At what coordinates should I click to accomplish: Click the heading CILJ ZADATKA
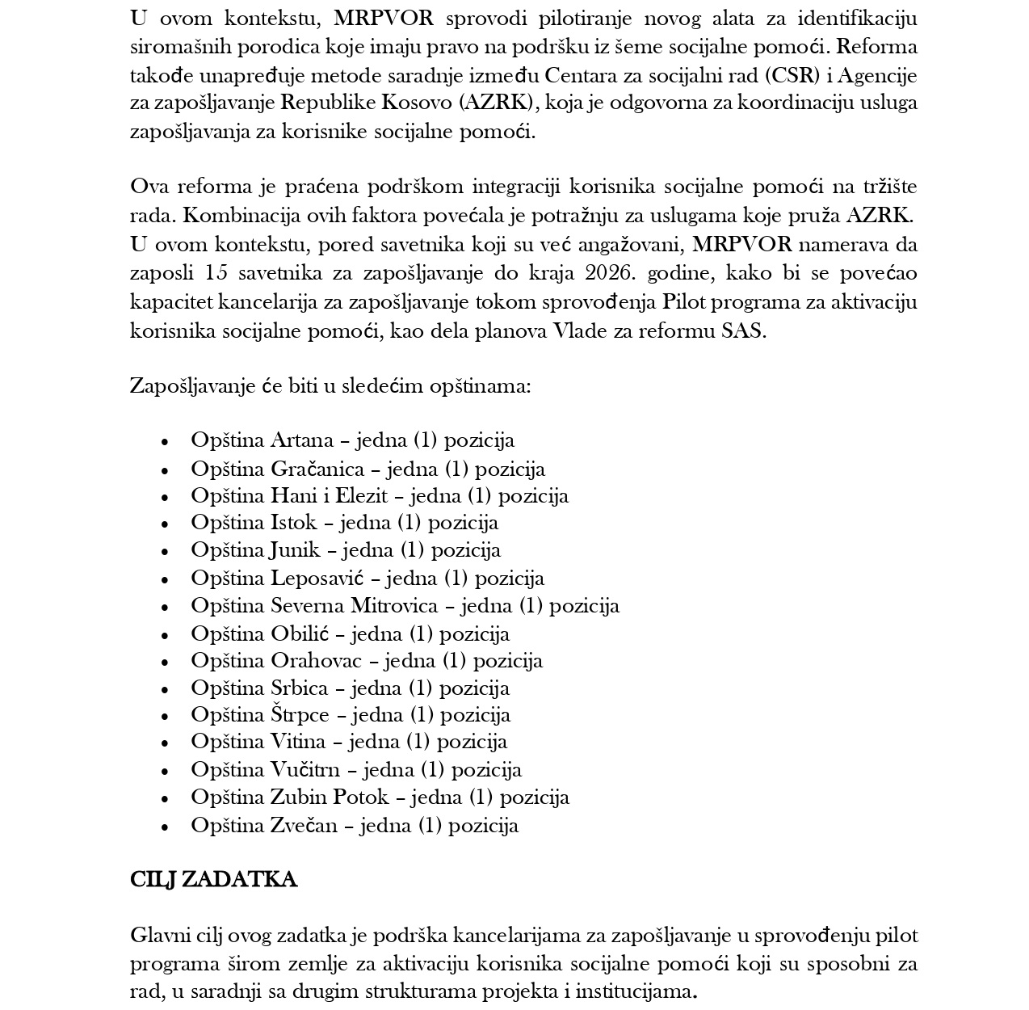click(x=213, y=879)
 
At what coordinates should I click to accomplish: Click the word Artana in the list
click(x=302, y=440)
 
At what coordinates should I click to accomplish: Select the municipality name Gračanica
click(x=317, y=469)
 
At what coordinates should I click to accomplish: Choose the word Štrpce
click(x=300, y=715)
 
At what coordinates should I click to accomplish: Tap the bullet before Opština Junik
click(x=165, y=551)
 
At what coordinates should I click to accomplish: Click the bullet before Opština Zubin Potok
click(x=165, y=798)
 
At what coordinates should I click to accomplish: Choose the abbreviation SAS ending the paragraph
click(x=742, y=330)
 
